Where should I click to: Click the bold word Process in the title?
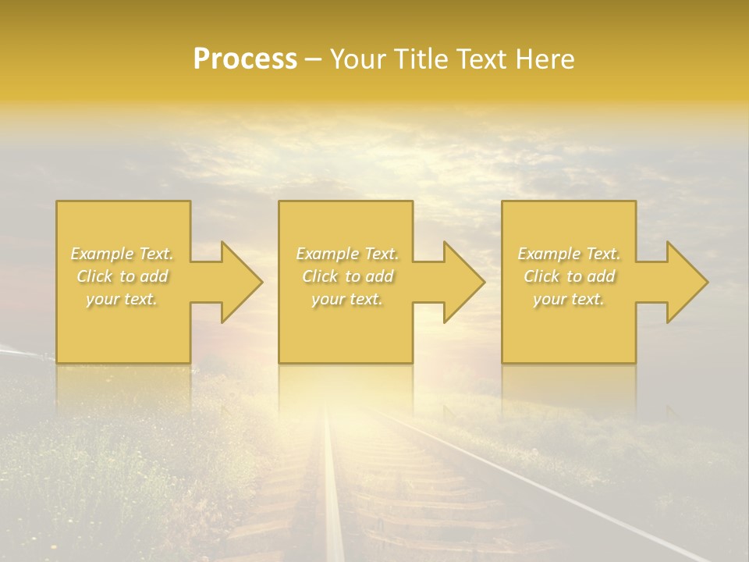245,59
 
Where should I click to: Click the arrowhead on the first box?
239,282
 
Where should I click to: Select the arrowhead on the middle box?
461,282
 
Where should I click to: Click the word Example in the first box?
101,254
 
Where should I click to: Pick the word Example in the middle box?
326,254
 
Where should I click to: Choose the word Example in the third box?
548,254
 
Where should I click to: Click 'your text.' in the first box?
122,298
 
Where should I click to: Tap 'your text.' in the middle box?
346,298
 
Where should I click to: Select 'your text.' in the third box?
569,298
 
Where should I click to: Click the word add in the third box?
601,276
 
